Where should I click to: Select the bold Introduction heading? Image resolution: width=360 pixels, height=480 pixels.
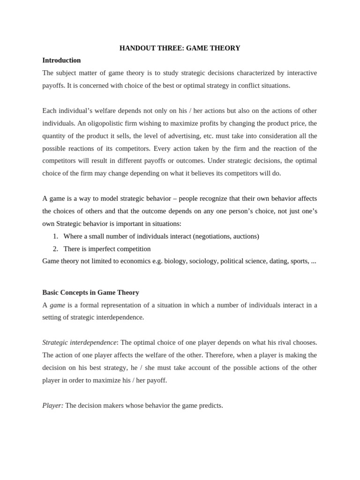[61, 60]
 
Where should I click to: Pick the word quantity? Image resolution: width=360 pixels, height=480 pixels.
[55, 136]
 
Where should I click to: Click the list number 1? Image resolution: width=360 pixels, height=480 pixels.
[55, 236]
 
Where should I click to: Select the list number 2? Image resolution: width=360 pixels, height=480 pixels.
[55, 249]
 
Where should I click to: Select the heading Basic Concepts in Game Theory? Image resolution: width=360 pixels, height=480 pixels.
[90, 292]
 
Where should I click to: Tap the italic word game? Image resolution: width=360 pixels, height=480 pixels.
[57, 305]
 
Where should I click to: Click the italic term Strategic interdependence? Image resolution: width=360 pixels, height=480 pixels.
[79, 343]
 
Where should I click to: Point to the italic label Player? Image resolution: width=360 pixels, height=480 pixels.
[52, 405]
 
